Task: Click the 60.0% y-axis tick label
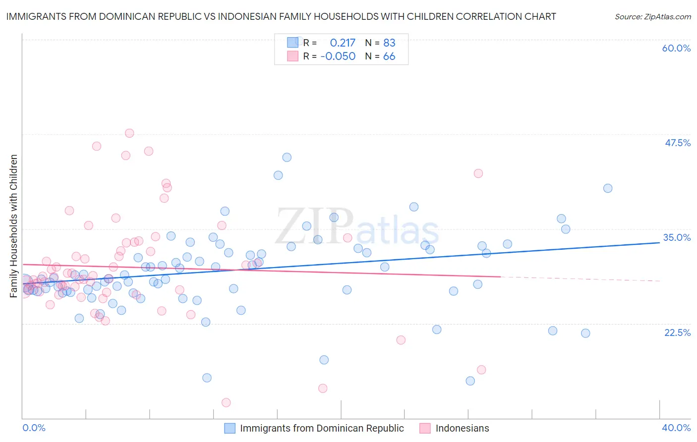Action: [676, 48]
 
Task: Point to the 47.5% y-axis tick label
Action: [677, 143]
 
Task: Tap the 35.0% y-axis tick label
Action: [677, 237]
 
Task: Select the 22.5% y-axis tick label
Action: [677, 332]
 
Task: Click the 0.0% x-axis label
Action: [34, 428]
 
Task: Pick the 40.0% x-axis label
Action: [676, 428]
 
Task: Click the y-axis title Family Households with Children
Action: [13, 226]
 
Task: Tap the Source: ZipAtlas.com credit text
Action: [652, 16]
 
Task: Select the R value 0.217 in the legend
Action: [343, 43]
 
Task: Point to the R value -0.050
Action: [338, 56]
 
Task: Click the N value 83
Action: [389, 43]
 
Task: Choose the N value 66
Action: [389, 56]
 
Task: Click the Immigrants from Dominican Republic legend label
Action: [322, 428]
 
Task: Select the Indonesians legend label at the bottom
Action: [462, 428]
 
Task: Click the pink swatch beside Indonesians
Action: [425, 428]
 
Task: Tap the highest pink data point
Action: [129, 133]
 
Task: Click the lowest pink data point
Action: [226, 402]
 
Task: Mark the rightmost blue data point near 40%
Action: [608, 188]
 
